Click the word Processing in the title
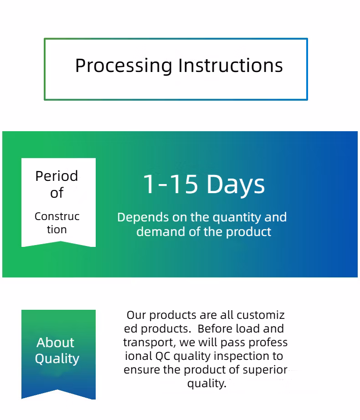point(123,66)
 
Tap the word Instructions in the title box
point(231,65)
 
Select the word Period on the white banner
point(57,176)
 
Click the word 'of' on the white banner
point(57,193)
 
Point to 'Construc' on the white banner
point(57,216)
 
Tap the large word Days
point(236,185)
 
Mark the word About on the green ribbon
point(56,343)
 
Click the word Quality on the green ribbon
point(57,359)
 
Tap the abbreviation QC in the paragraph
point(163,356)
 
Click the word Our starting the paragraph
point(136,315)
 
